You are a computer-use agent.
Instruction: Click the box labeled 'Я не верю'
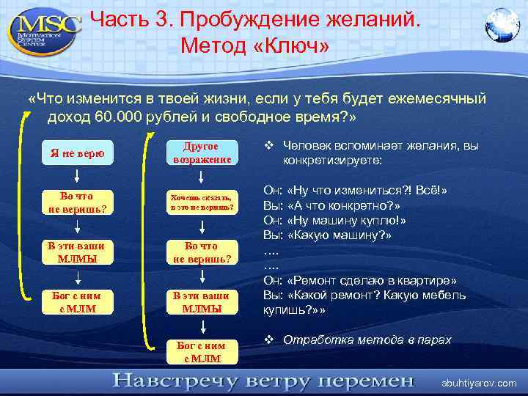[77, 153]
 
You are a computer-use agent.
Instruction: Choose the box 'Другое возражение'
[202, 153]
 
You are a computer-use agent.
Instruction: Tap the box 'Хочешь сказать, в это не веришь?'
[202, 202]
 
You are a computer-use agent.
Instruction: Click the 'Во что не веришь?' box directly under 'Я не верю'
[77, 202]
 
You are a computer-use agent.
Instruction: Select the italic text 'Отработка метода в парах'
[367, 340]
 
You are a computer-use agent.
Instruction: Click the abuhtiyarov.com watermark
[478, 383]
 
